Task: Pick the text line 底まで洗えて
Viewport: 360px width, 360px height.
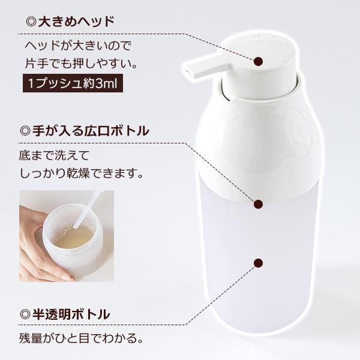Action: click(54, 156)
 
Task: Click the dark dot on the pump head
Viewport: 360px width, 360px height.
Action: click(259, 61)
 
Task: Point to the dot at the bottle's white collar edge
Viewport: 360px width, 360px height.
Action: click(259, 205)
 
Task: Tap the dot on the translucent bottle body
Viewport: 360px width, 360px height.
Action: click(259, 263)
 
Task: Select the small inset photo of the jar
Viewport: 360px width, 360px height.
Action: click(66, 236)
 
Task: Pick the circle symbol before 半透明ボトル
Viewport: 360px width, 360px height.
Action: click(25, 314)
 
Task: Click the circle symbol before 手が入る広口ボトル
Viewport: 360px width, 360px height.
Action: click(25, 130)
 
